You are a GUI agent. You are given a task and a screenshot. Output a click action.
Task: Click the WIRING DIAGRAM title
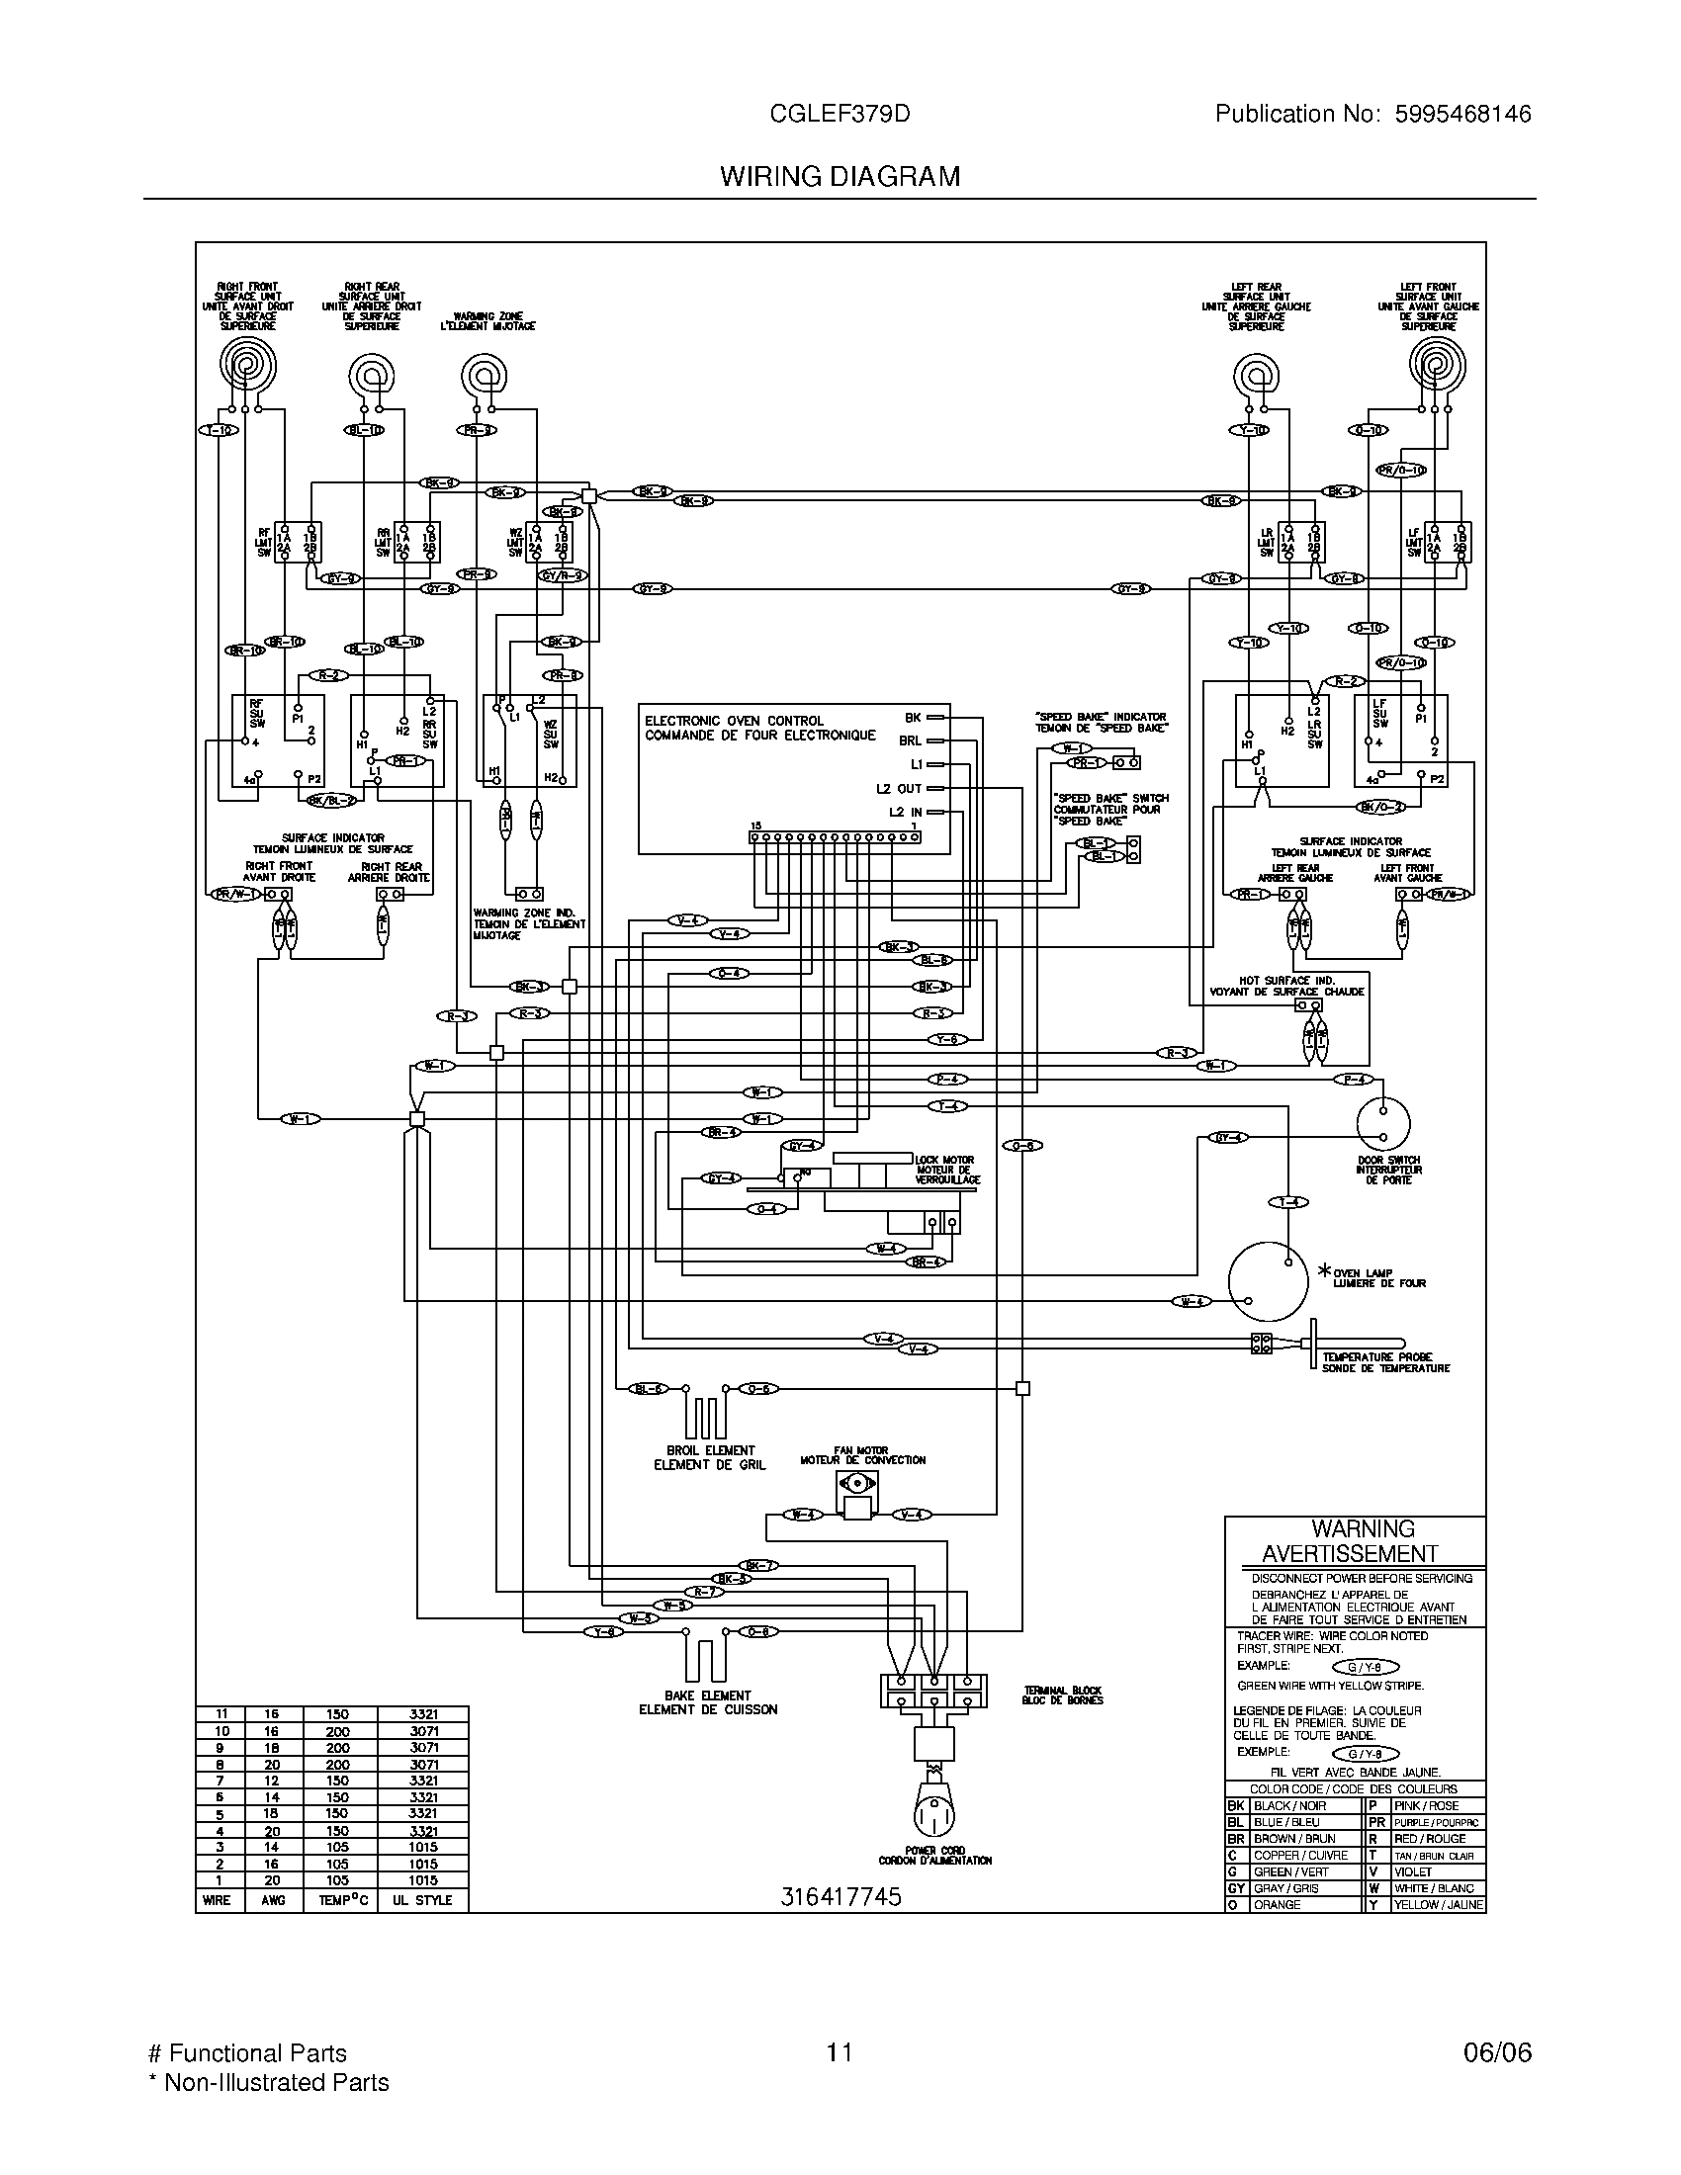pyautogui.click(x=840, y=176)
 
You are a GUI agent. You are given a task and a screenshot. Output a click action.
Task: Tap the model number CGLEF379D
pyautogui.click(x=840, y=115)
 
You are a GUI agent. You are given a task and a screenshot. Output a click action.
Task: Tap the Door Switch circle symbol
pyautogui.click(x=1383, y=1124)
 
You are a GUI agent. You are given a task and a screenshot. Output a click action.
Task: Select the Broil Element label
pyautogui.click(x=710, y=1457)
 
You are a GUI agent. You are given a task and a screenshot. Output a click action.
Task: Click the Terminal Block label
pyautogui.click(x=1062, y=1695)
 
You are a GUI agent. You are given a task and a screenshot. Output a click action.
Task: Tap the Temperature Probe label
pyautogui.click(x=1385, y=1362)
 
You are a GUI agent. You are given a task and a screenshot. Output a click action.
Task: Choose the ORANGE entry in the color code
pyautogui.click(x=1277, y=1904)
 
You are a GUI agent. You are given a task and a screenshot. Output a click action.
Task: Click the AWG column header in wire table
pyautogui.click(x=273, y=1900)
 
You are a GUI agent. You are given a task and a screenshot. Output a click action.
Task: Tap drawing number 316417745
pyautogui.click(x=840, y=1897)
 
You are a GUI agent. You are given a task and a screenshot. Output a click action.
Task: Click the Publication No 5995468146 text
pyautogui.click(x=1372, y=115)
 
